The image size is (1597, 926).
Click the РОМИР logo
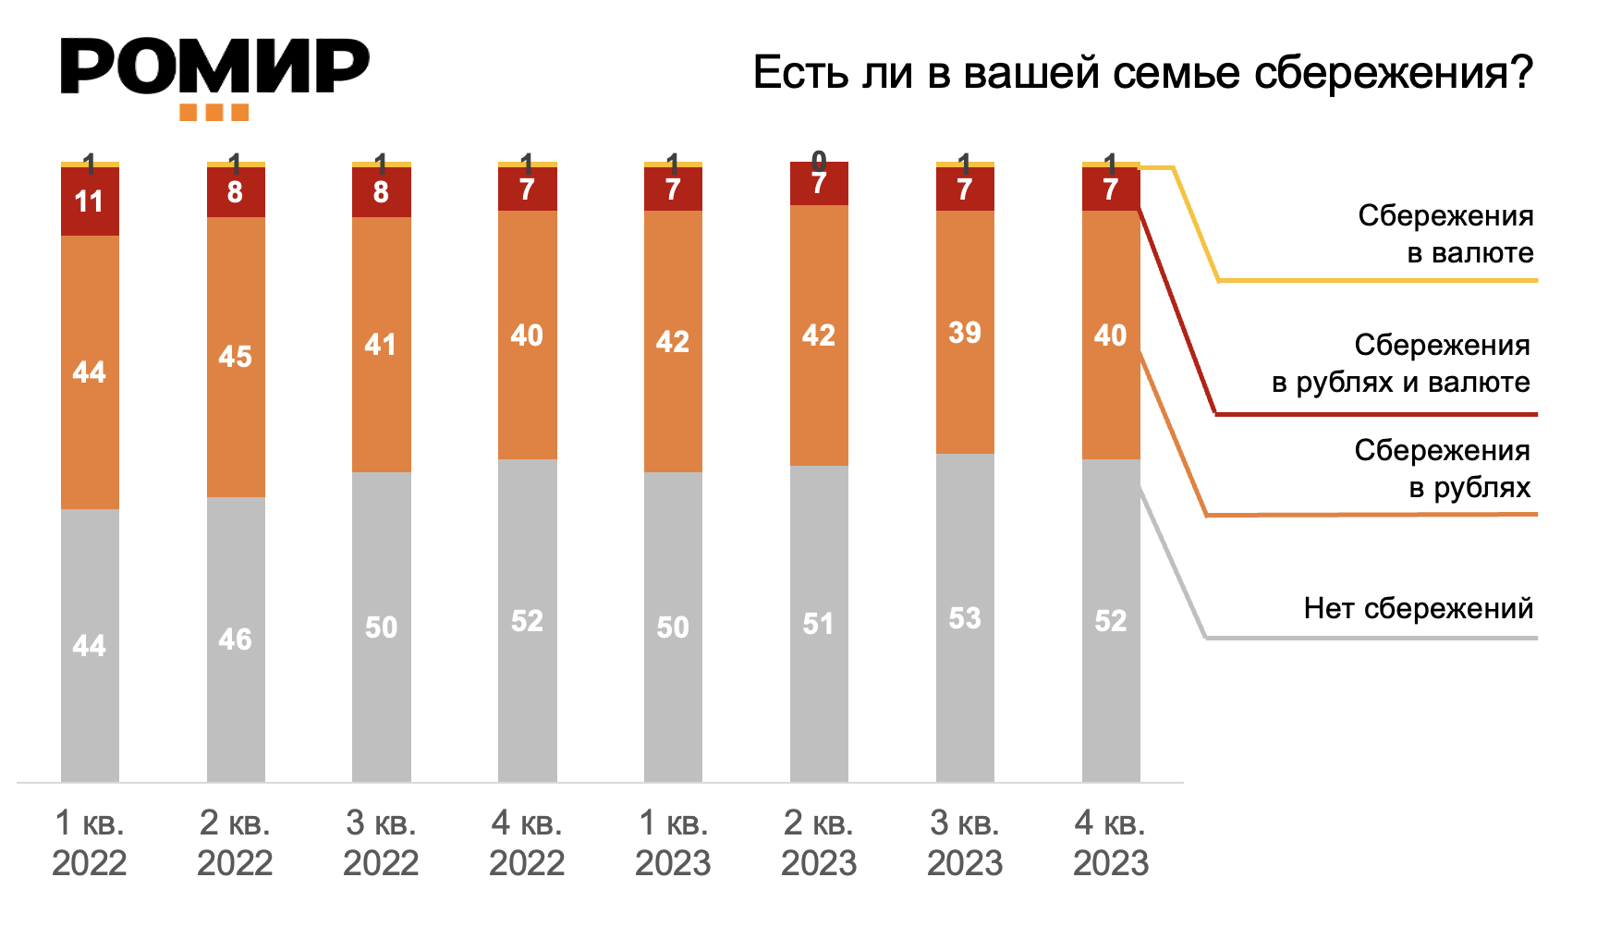pos(214,67)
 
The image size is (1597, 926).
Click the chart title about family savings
pos(1142,72)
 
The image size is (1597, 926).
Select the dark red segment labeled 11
pos(90,201)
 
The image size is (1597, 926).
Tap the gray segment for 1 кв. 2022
pos(90,645)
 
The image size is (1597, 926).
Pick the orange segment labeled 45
pos(236,357)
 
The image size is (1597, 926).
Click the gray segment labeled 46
pos(236,640)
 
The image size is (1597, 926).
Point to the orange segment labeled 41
pos(381,345)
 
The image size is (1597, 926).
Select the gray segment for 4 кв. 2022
pos(527,620)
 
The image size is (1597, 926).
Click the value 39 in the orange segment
pos(964,333)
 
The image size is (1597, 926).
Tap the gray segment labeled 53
pos(965,617)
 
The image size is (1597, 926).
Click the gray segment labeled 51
pos(819,624)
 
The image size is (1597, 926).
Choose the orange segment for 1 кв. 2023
pos(673,342)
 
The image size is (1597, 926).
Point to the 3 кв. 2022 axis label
pos(381,842)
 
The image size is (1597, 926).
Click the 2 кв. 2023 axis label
pos(819,842)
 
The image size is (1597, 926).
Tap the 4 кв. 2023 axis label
pos(1111,842)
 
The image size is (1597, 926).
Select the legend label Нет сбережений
pos(1418,608)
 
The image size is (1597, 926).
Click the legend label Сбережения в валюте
pos(1445,234)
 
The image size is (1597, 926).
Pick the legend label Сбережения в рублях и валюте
pos(1400,363)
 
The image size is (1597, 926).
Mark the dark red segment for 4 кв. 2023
pos(1111,189)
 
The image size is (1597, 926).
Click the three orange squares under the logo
pos(213,113)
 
